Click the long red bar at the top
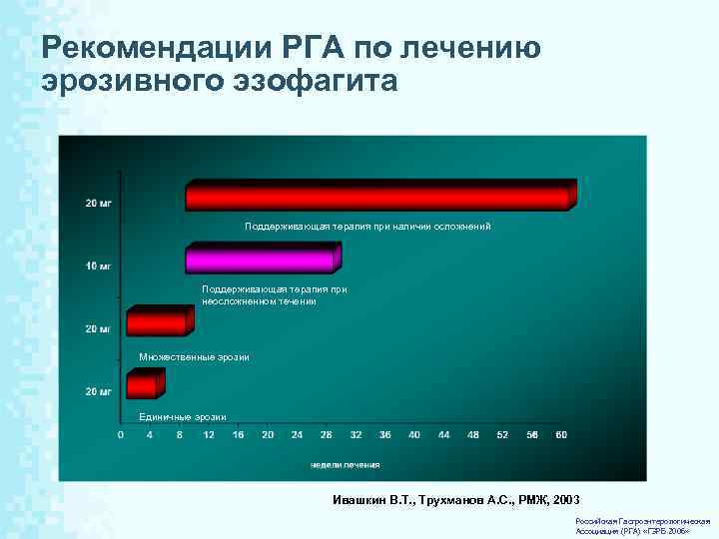coord(377,197)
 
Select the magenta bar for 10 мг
coord(260,261)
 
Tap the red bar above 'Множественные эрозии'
coord(155,322)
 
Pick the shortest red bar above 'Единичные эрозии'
coord(140,384)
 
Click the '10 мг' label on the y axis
coord(98,267)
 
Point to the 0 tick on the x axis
coord(121,434)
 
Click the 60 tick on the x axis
coord(561,434)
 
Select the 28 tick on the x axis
coord(327,434)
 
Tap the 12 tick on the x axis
coord(209,434)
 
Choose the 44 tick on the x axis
coord(443,434)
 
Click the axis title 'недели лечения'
coord(345,464)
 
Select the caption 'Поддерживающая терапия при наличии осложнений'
coord(367,227)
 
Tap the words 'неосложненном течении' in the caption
coord(259,300)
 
